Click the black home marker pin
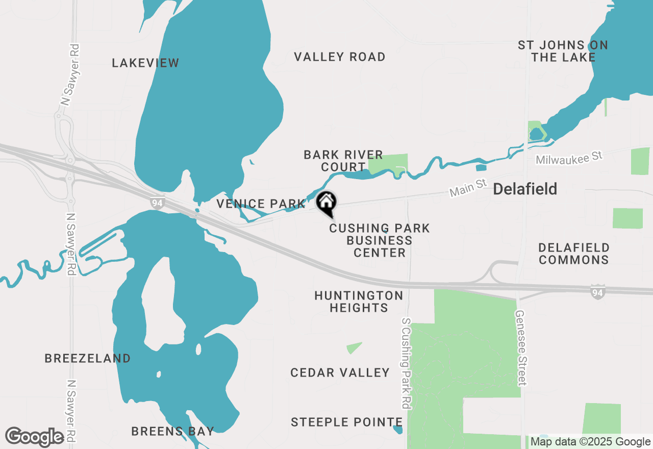(x=326, y=203)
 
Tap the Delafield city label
(x=525, y=189)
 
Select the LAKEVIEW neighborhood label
(x=145, y=63)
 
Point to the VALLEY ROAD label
(x=340, y=57)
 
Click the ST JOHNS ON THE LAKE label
(x=563, y=51)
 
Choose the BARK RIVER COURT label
(x=343, y=161)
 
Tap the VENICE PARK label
(x=261, y=204)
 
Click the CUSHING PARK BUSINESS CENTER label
(x=380, y=240)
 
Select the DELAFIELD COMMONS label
(x=574, y=254)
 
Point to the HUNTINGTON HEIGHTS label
(x=359, y=302)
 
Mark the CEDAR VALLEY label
(x=340, y=373)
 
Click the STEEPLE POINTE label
(x=347, y=422)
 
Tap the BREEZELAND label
(x=88, y=359)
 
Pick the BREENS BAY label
(x=172, y=431)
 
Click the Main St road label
(x=468, y=189)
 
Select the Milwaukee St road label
(x=569, y=157)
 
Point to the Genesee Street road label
(x=520, y=348)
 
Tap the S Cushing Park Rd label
(x=406, y=363)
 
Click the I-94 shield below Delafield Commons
(x=597, y=292)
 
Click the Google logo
(x=35, y=437)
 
